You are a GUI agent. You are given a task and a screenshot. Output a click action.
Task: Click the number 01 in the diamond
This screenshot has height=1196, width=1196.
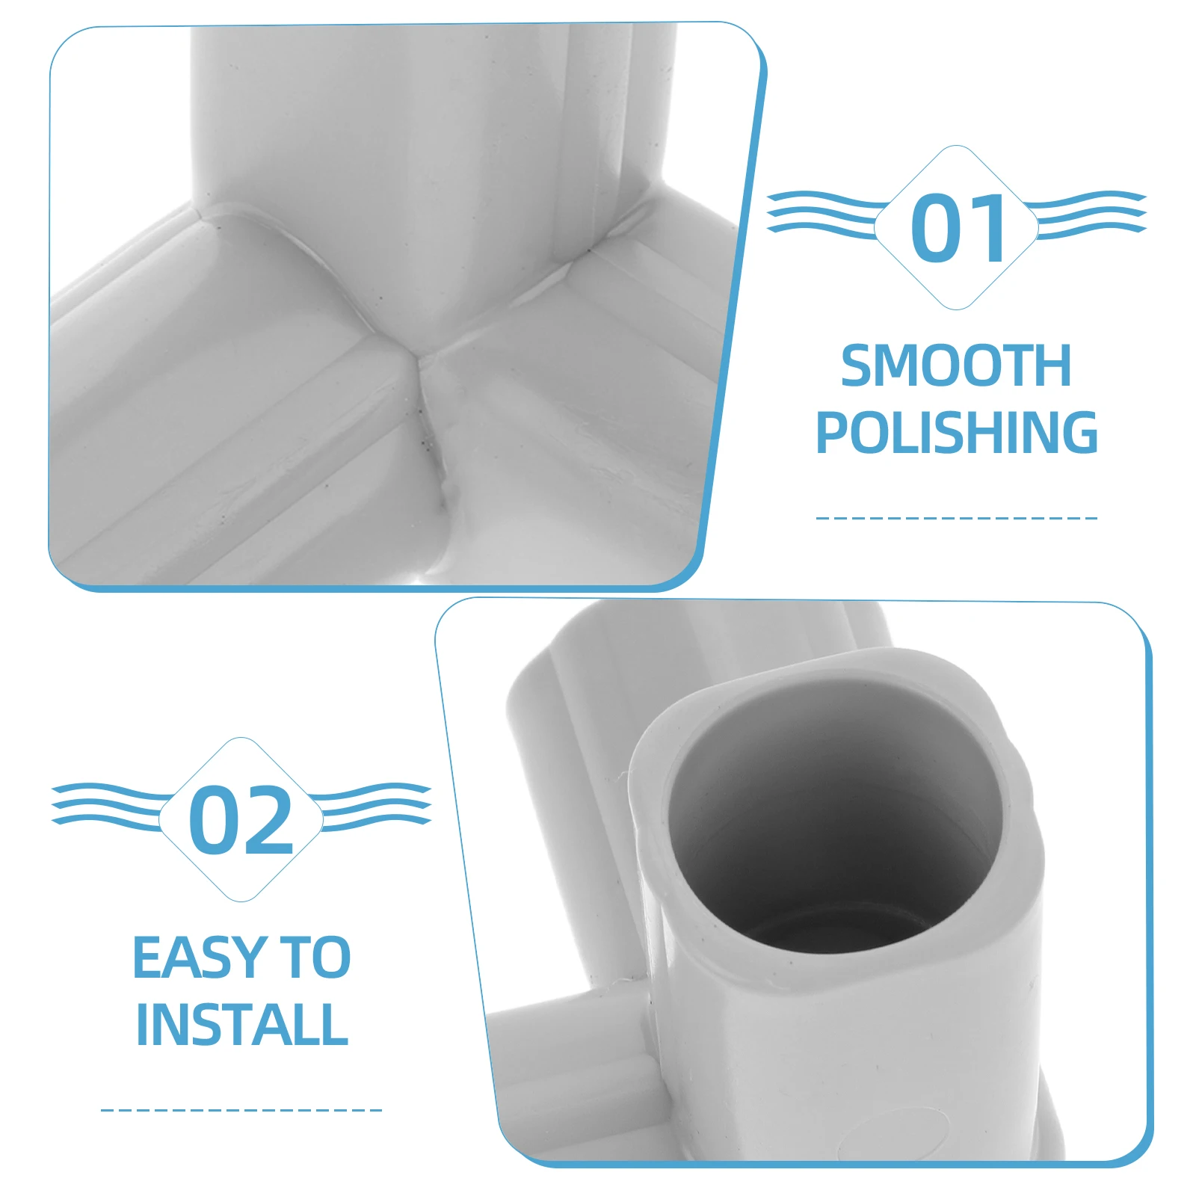(x=959, y=228)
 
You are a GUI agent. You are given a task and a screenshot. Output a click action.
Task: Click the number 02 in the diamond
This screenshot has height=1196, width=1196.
(x=241, y=820)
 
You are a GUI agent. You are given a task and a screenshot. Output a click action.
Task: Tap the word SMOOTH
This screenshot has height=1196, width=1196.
(x=956, y=366)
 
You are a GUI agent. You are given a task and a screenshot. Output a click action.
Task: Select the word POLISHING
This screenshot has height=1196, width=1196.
(x=956, y=432)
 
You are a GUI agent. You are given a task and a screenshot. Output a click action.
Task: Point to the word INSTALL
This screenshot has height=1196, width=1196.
(x=241, y=1024)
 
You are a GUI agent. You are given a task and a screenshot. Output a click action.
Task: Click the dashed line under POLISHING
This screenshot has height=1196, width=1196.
(x=956, y=517)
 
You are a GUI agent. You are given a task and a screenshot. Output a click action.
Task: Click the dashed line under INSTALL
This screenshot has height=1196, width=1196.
(x=241, y=1110)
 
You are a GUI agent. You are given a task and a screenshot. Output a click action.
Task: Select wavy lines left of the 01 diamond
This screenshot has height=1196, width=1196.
(x=822, y=212)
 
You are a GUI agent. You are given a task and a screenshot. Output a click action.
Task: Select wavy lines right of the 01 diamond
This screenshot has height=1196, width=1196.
(x=1091, y=214)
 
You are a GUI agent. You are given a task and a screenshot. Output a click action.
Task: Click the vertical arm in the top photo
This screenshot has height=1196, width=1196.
(x=419, y=135)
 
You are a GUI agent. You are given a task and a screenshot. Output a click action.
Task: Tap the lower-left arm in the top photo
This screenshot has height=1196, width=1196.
(x=224, y=419)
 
